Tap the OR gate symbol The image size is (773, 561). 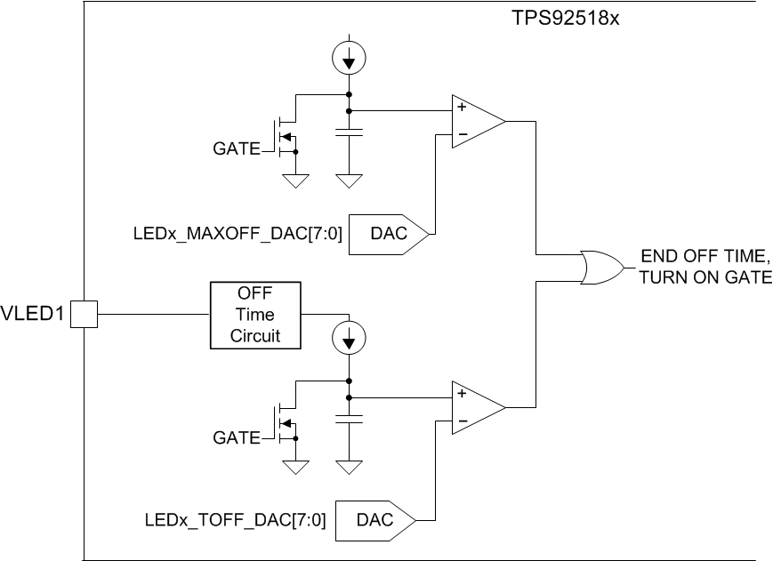coord(599,266)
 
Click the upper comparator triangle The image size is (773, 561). coord(476,122)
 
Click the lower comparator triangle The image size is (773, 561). coord(476,407)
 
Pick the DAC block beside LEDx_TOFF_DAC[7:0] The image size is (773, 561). coord(379,520)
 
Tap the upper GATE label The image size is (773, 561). coord(236,150)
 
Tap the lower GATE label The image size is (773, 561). coord(236,437)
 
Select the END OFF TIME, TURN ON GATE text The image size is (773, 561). coord(705,266)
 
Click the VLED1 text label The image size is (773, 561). coord(34,314)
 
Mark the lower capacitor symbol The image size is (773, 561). coord(348,418)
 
